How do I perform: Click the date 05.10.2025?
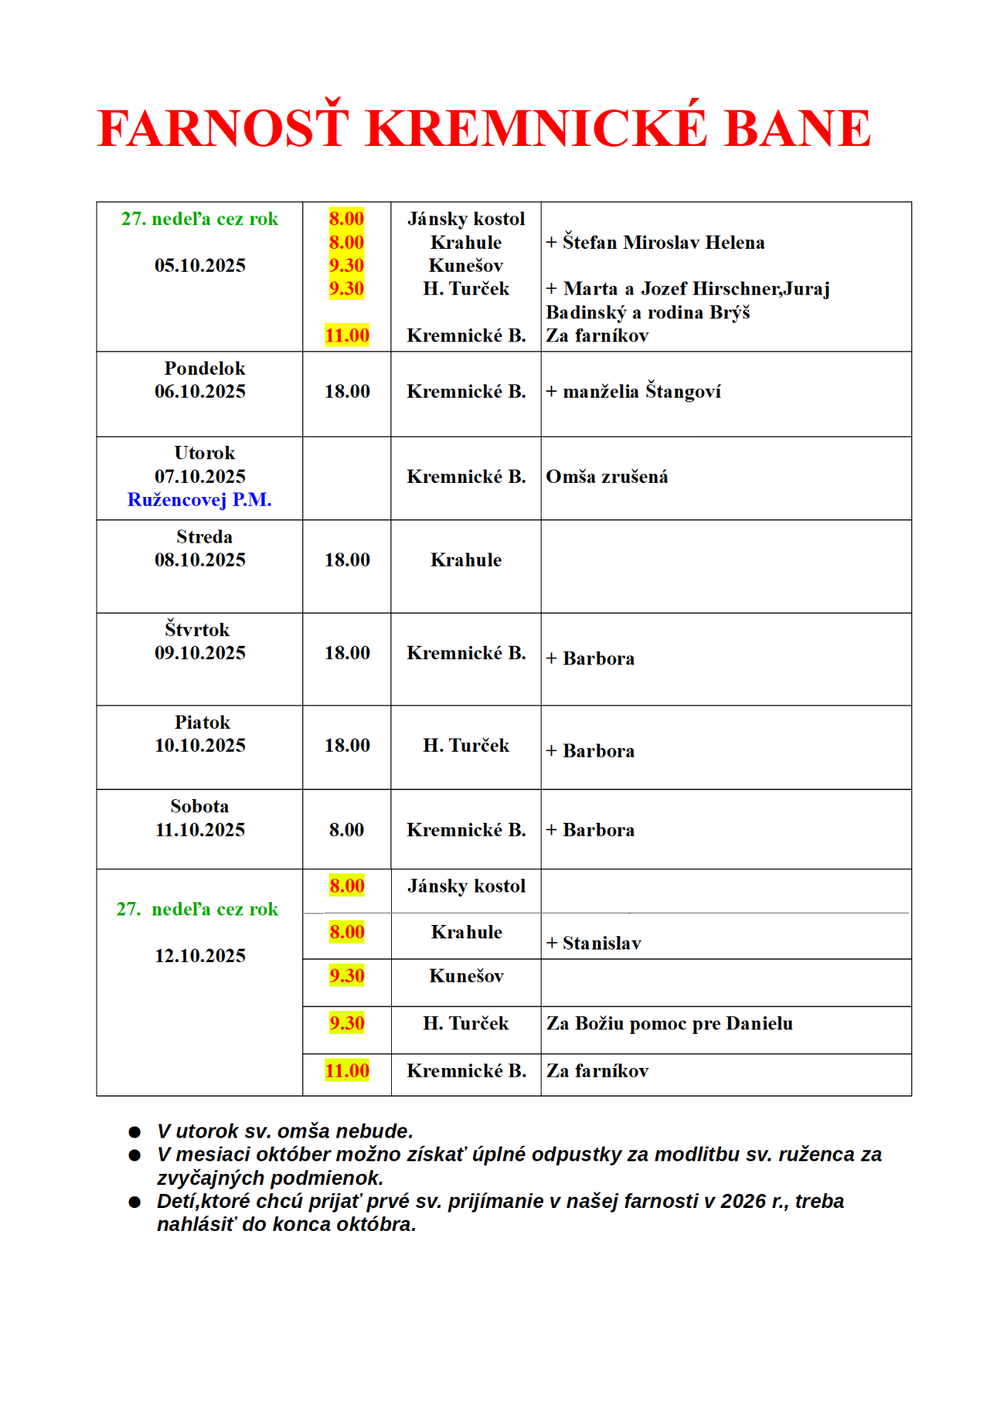[x=200, y=266]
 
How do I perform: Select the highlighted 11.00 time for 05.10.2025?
[x=347, y=336]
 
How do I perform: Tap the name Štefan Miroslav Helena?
[x=662, y=243]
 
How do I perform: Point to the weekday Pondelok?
[x=204, y=369]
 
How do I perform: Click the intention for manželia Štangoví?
[x=642, y=391]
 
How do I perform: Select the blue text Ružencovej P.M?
[x=199, y=500]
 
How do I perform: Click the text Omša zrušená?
[x=607, y=477]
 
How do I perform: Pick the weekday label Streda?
[x=204, y=537]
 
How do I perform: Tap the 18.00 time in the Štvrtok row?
[x=347, y=653]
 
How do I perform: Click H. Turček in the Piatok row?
[x=466, y=746]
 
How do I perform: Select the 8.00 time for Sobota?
[x=347, y=830]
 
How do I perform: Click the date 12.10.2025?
[x=200, y=956]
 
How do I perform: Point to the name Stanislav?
[x=602, y=944]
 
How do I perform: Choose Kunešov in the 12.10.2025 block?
[x=466, y=976]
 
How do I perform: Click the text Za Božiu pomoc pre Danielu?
[x=670, y=1024]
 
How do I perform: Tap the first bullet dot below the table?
[x=135, y=1132]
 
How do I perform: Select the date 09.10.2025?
[x=200, y=653]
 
